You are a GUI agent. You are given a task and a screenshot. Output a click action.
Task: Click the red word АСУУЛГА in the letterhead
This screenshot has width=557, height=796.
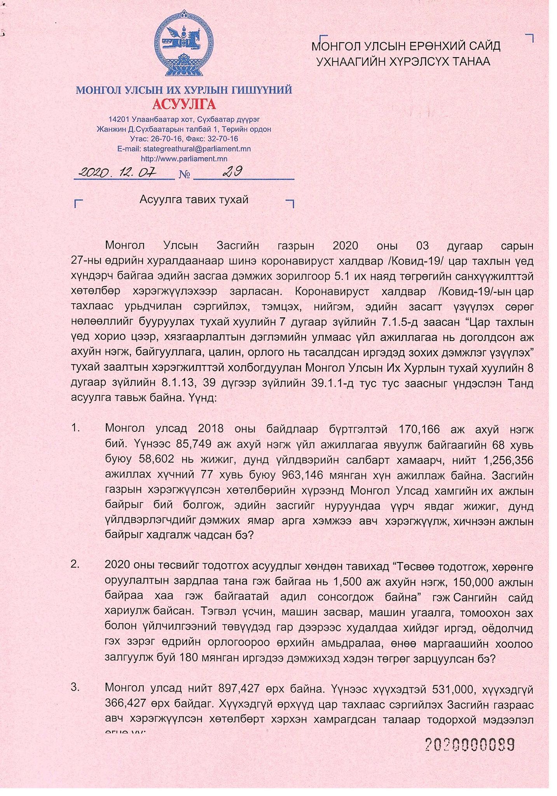pyautogui.click(x=184, y=104)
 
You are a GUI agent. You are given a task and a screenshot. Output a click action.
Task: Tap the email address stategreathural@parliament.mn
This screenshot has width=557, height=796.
pyautogui.click(x=197, y=148)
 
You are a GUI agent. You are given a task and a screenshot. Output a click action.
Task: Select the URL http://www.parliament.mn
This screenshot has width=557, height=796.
pyautogui.click(x=184, y=159)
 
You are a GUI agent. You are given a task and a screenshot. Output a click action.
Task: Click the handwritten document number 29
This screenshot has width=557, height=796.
pyautogui.click(x=232, y=171)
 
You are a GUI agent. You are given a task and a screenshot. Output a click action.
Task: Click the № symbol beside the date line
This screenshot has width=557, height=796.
pyautogui.click(x=184, y=175)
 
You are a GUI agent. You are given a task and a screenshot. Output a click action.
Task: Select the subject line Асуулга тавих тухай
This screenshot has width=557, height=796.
pyautogui.click(x=194, y=200)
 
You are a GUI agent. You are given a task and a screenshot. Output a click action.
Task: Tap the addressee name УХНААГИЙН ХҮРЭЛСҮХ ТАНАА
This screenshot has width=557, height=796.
pyautogui.click(x=403, y=62)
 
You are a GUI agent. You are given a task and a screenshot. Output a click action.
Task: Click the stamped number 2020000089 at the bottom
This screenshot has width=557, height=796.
pyautogui.click(x=470, y=744)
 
